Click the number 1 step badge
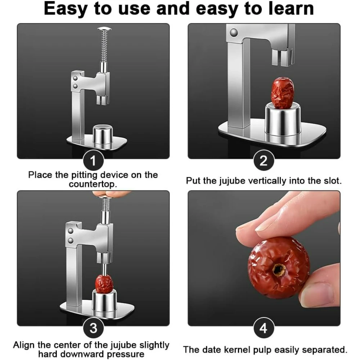pyautogui.click(x=93, y=161)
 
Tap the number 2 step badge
pyautogui.click(x=264, y=161)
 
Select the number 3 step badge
pyautogui.click(x=93, y=328)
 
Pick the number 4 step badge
pyautogui.click(x=264, y=328)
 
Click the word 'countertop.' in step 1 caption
pyautogui.click(x=93, y=184)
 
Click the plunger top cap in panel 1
pyautogui.click(x=104, y=29)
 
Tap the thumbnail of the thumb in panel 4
pyautogui.click(x=318, y=295)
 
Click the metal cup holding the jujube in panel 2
pyautogui.click(x=283, y=120)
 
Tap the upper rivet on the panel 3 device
pyautogui.click(x=71, y=230)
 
